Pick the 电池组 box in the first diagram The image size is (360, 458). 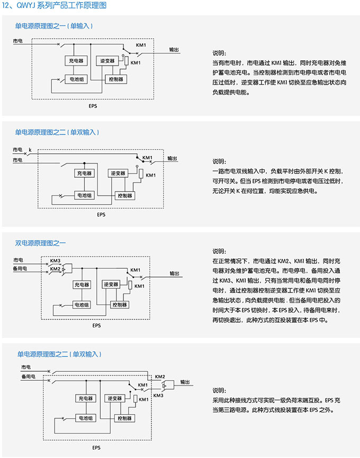pyautogui.click(x=75, y=79)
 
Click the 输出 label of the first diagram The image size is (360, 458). pyautogui.click(x=174, y=50)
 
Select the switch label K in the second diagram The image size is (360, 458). pyautogui.click(x=30, y=151)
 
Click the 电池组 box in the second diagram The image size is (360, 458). pyautogui.click(x=84, y=195)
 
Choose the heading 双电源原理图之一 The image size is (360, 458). pyautogui.click(x=40, y=243)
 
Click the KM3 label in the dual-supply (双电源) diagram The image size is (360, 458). pyautogui.click(x=55, y=261)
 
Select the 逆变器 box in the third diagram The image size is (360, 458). pyautogui.click(x=112, y=285)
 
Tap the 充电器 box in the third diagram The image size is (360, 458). pyautogui.click(x=82, y=285)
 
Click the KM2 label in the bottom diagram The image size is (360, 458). pyautogui.click(x=159, y=377)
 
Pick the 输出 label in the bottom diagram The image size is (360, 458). pyautogui.click(x=185, y=381)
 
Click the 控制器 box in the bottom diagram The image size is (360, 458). pyautogui.click(x=122, y=418)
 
